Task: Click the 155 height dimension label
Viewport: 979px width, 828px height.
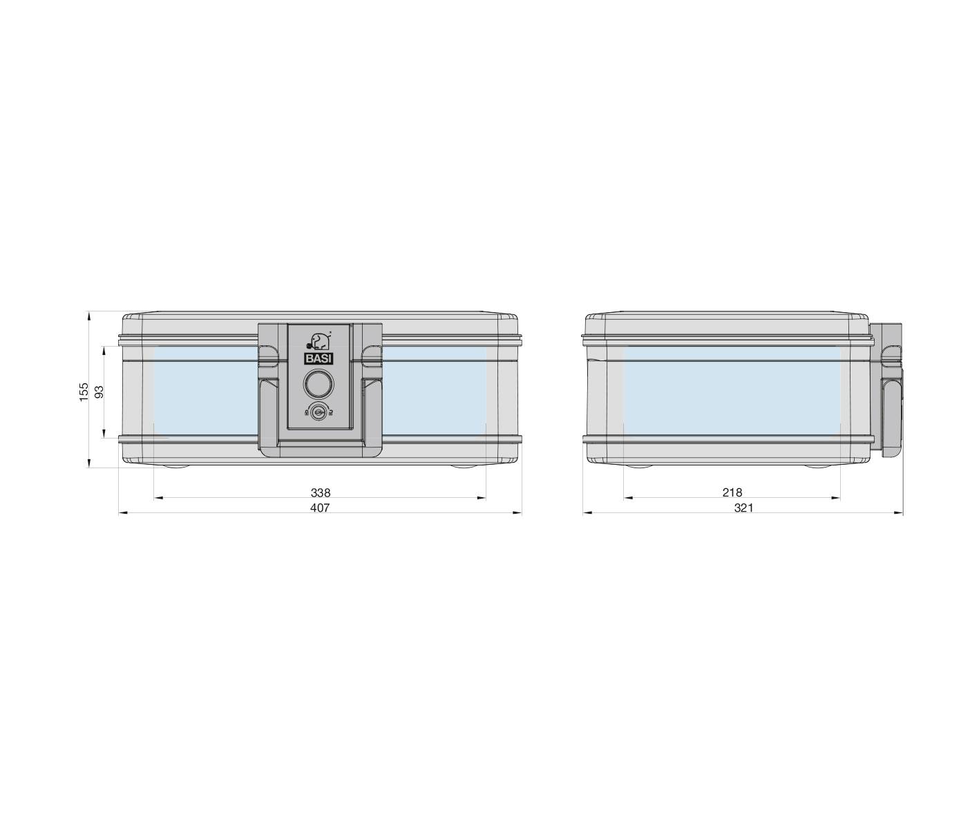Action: [x=84, y=392]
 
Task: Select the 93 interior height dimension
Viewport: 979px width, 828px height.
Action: [x=99, y=392]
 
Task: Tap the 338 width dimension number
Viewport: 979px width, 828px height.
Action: [x=321, y=492]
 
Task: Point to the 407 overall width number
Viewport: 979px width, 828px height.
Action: [x=320, y=508]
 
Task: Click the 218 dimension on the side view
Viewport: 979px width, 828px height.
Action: [x=732, y=492]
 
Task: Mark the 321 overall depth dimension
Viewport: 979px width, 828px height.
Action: [x=743, y=508]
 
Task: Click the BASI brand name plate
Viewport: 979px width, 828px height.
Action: [x=319, y=358]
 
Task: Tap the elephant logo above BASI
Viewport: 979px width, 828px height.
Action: [x=318, y=341]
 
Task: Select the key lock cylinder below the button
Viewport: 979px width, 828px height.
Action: [x=319, y=412]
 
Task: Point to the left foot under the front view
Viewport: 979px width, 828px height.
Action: [x=173, y=466]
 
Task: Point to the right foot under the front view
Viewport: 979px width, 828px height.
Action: [x=467, y=466]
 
